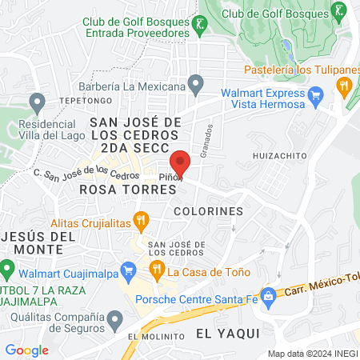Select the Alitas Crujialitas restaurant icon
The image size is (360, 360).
point(141,218)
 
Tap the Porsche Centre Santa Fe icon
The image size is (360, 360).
point(270,295)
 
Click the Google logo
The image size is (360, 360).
point(26,350)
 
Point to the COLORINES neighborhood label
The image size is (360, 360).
point(207,211)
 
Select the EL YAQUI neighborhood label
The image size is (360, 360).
point(228,332)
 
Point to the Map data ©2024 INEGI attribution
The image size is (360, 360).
point(312,353)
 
